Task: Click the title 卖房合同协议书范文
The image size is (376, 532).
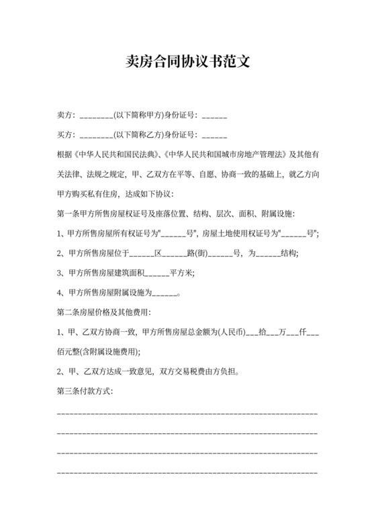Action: click(x=188, y=62)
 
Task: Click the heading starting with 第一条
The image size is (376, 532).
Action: click(x=177, y=214)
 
